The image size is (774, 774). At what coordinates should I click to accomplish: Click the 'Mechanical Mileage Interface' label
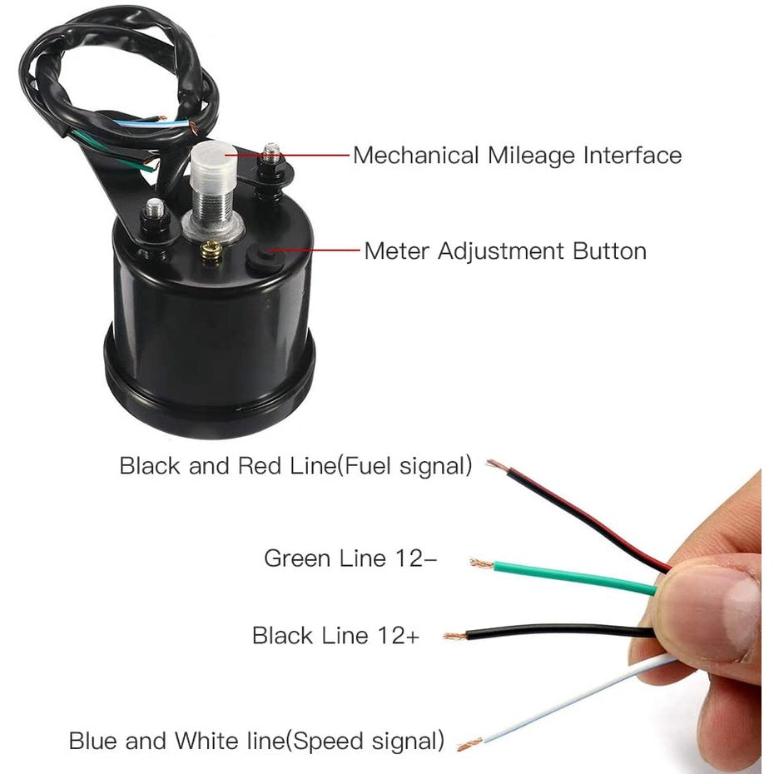(x=517, y=155)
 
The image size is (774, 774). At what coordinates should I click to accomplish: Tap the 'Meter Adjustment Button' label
(x=505, y=251)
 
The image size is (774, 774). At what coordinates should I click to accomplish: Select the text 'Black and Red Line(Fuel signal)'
(x=295, y=465)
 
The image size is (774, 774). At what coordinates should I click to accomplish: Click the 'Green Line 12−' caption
(x=350, y=558)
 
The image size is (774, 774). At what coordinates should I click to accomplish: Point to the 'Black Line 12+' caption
(x=336, y=637)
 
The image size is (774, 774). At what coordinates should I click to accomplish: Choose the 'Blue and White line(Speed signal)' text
(x=256, y=739)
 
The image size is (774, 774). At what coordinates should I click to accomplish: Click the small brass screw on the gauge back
(x=211, y=247)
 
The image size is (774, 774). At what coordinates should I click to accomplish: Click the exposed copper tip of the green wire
(x=481, y=563)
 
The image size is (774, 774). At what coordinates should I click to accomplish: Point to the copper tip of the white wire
(x=469, y=743)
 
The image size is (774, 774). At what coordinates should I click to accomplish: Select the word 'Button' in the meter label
(x=609, y=251)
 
